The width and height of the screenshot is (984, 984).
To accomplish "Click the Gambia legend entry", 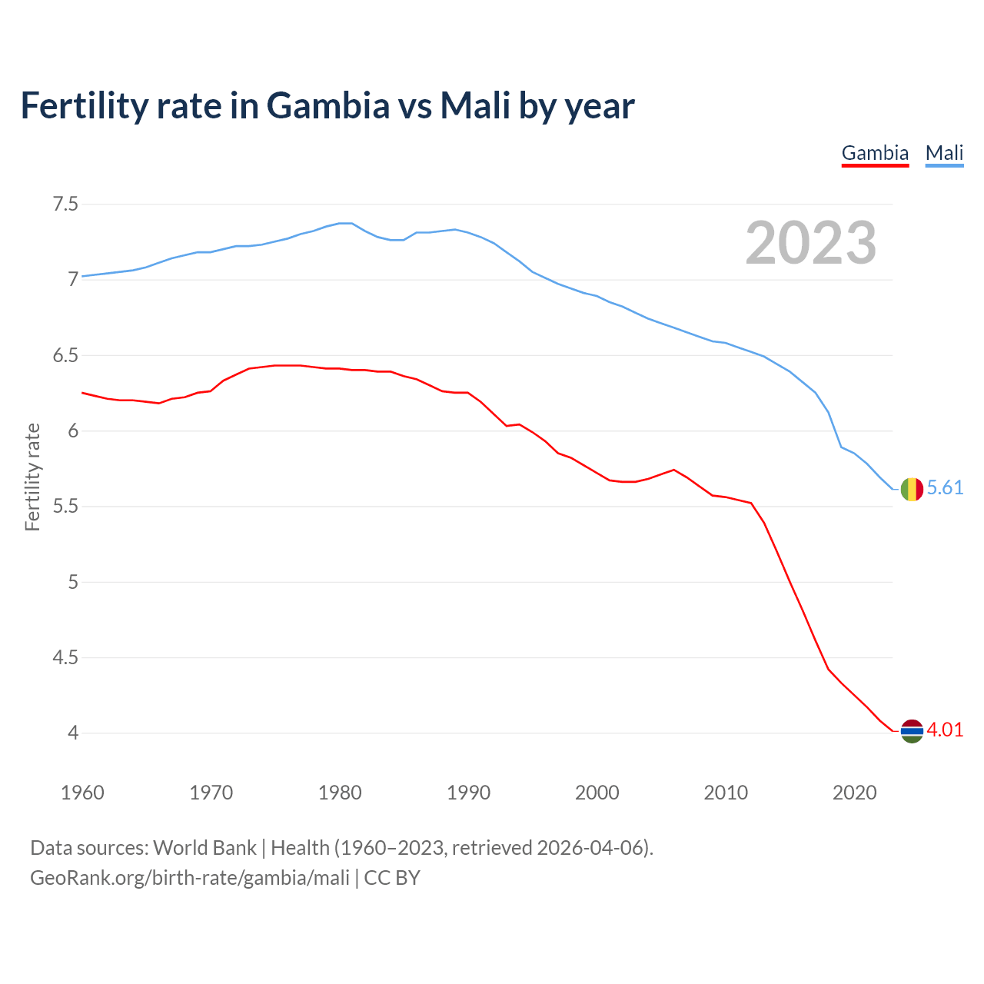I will coord(875,153).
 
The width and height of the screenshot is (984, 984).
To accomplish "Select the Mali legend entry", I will coord(944,153).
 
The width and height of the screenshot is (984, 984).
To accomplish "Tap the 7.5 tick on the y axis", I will coord(65,204).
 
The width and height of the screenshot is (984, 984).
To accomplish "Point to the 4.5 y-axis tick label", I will coord(65,657).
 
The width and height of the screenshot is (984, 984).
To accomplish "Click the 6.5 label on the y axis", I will coord(65,356).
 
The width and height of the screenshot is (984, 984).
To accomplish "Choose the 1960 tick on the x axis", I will coord(82,793).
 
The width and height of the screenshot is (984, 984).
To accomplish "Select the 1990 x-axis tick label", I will coord(468,793).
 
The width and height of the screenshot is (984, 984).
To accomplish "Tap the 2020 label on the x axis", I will coord(854,793).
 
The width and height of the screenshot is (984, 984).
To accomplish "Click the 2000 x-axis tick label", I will coord(597,793).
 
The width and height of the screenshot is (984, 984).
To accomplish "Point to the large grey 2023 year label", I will coord(811,244).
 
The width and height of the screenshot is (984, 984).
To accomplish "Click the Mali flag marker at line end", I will coord(912,489).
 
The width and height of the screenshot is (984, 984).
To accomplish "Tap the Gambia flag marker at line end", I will coord(912,731).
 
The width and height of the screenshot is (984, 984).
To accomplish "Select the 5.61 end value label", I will coord(945,488).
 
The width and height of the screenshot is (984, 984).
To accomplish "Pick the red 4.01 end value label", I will coord(945,730).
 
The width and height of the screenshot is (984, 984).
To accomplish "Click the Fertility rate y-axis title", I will coord(32,477).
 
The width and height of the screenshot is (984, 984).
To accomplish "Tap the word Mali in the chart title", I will coord(475,106).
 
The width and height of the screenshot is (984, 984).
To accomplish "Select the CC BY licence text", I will coord(392,877).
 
